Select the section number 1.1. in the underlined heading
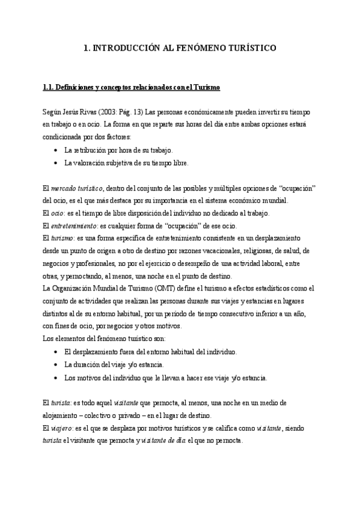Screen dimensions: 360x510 (x=49, y=88)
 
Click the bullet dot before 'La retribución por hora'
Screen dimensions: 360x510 (x=55, y=150)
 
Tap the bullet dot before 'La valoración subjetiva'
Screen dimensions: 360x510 (x=55, y=162)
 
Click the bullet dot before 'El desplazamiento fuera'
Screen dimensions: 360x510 (x=55, y=352)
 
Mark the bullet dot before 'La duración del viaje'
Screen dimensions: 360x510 (x=55, y=364)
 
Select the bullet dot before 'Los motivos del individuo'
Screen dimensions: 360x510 (x=55, y=378)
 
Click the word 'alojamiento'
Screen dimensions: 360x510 (x=61, y=415)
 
